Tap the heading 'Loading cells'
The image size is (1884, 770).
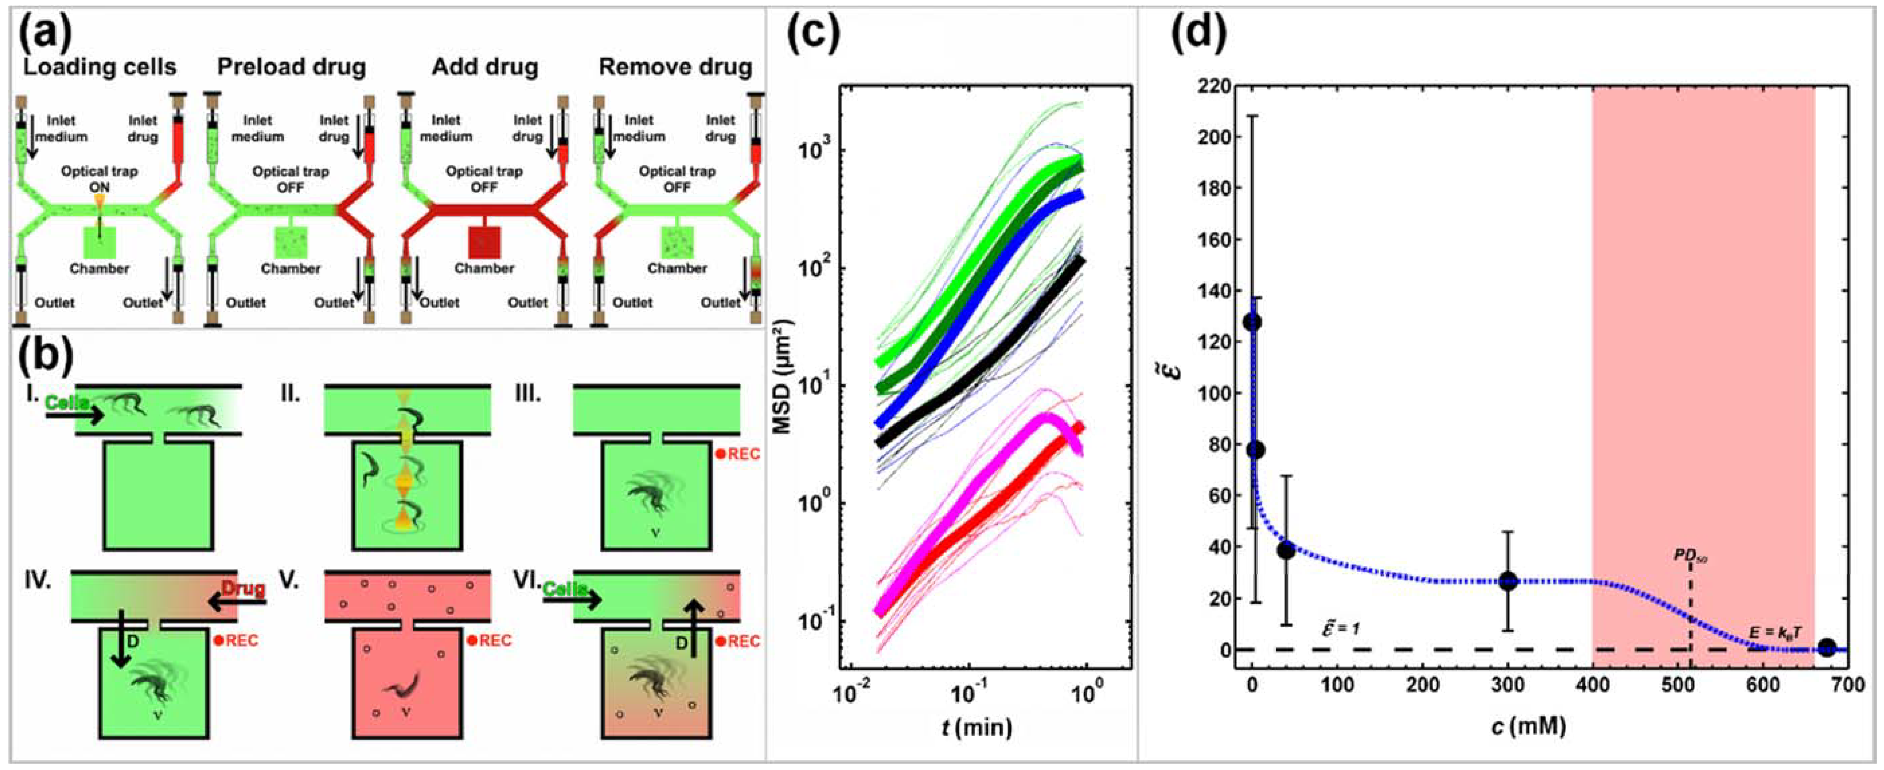pos(100,67)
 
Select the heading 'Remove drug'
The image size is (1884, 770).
pos(675,67)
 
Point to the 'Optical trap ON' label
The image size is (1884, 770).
pos(100,179)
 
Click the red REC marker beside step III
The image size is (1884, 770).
pos(737,454)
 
